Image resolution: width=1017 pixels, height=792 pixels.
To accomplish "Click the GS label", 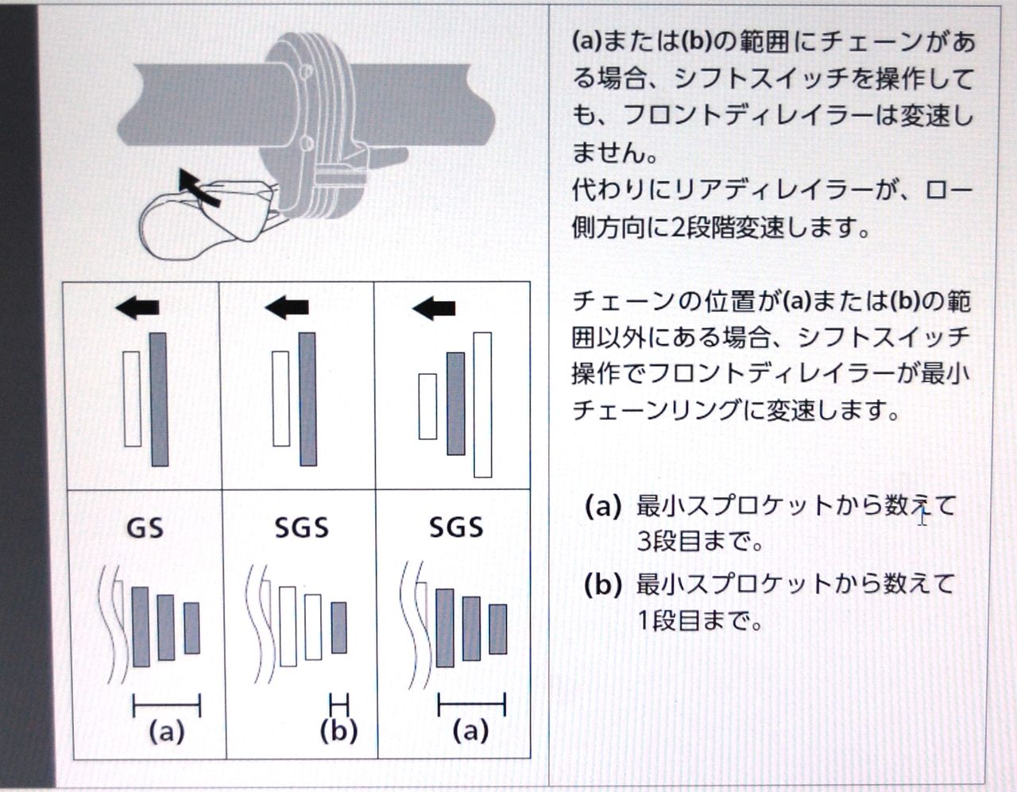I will pos(145,528).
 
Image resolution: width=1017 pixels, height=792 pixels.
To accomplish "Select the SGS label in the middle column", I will pos(301,528).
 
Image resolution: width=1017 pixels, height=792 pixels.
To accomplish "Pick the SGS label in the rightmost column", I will pos(456,528).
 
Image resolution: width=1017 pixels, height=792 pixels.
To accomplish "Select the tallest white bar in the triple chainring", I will pos(482,404).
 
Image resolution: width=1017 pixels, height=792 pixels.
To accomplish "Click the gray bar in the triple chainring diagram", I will pos(455,404).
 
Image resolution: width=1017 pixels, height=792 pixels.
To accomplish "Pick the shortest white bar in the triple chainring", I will pos(427,406).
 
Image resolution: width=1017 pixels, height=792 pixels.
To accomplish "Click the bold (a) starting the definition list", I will pos(602,506).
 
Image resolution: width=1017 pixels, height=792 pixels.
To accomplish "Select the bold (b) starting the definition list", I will pos(602,585).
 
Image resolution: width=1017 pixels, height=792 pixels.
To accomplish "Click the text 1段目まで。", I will pos(699,620).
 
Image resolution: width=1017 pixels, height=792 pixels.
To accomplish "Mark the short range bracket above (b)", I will pos(338,703).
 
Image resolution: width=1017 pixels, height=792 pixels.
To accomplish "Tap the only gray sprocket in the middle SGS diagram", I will pos(338,628).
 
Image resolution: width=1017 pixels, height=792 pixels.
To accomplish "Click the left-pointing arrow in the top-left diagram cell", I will pos(137,307).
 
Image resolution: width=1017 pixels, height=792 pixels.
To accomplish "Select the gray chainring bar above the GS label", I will pos(159,400).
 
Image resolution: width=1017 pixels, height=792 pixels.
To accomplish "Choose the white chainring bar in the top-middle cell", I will pos(280,398).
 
